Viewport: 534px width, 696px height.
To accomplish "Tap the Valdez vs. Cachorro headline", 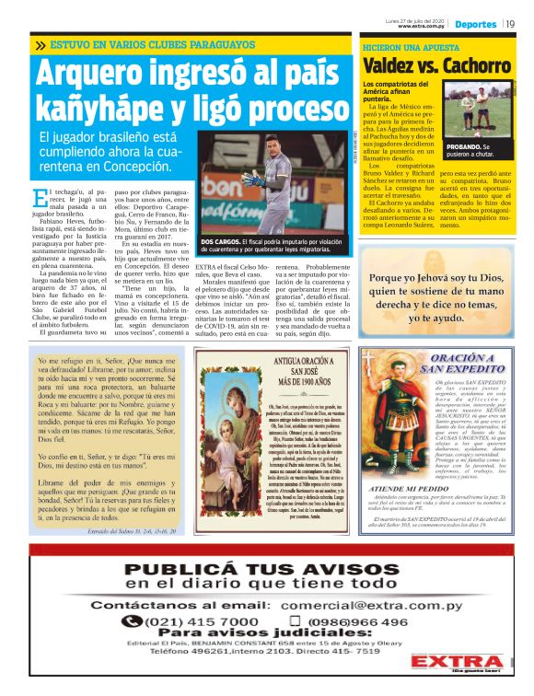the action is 435,65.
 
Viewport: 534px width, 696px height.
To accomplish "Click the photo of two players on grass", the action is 477,111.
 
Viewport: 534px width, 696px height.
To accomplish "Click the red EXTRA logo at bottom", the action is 455,665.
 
